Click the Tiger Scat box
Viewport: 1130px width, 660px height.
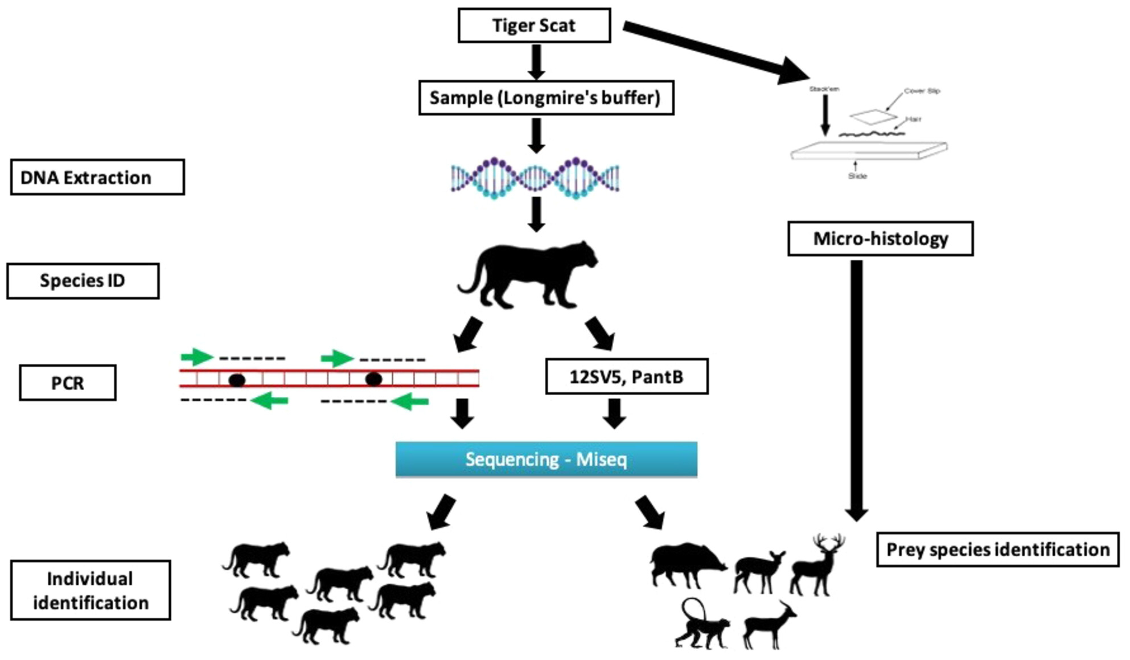534,26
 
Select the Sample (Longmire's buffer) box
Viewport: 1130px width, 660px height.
546,98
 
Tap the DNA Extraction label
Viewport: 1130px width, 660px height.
97,177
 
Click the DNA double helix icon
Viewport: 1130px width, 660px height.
535,178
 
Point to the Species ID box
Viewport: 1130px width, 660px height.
83,281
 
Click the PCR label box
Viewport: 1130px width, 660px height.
68,383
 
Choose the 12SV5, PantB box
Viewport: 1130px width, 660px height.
627,376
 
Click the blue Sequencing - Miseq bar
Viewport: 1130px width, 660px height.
546,459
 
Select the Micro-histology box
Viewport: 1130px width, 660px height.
880,239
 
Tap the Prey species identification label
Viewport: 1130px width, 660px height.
997,550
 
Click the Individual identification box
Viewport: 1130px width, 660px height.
90,591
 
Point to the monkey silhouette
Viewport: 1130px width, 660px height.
701,625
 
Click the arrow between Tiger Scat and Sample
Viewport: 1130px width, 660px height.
536,62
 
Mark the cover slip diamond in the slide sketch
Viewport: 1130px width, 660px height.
873,117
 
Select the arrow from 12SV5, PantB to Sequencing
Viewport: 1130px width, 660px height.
614,412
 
